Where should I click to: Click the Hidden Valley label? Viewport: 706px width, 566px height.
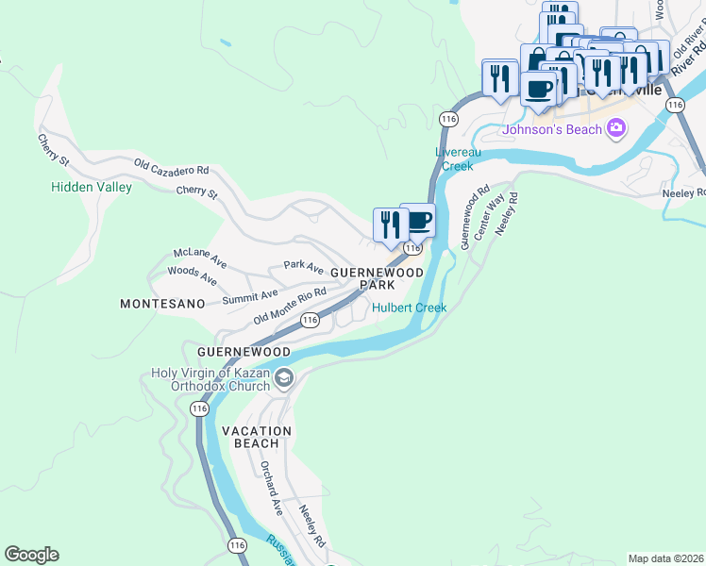point(92,187)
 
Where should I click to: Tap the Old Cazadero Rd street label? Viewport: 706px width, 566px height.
point(171,168)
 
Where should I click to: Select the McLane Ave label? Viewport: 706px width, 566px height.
point(200,253)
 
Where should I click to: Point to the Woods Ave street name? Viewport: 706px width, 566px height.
point(192,275)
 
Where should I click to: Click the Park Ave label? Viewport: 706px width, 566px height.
point(304,267)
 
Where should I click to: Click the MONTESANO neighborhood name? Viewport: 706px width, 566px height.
point(162,304)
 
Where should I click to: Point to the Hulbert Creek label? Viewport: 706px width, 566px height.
point(409,308)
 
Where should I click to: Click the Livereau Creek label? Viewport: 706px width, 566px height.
point(454,158)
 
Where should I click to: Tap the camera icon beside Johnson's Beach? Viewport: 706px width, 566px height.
point(616,127)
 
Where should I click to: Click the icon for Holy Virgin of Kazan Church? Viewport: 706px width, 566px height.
point(284,378)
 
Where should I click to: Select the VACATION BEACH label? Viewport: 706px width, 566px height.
point(257,437)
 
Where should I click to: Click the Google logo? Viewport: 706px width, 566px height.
point(31,555)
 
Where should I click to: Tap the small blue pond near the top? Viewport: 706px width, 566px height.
point(223,42)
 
